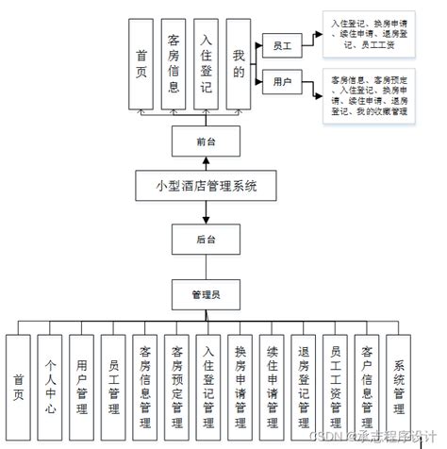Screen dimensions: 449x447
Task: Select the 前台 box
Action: point(207,141)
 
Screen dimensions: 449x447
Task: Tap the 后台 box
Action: point(207,240)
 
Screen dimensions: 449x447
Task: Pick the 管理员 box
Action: point(207,294)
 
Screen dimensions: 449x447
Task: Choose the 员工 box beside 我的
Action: point(281,44)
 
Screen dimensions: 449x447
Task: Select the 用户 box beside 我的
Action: point(281,83)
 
